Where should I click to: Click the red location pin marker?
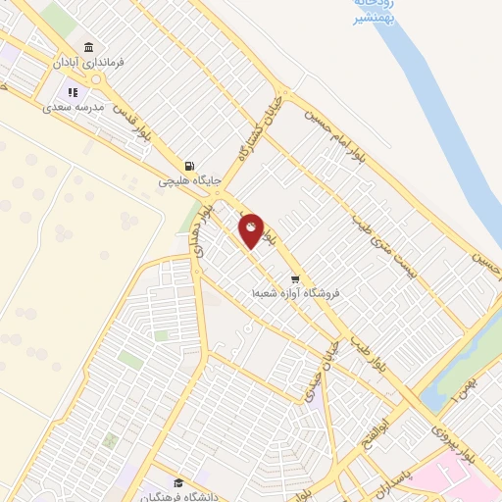click(252, 230)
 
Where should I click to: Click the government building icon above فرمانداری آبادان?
click(89, 48)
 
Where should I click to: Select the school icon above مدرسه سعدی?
click(73, 91)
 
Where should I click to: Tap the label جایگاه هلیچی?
click(187, 181)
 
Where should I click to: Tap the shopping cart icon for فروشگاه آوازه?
click(294, 279)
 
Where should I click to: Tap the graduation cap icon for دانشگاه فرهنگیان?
click(177, 482)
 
